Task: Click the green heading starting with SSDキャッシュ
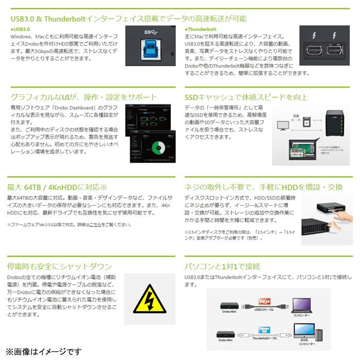point(246,97)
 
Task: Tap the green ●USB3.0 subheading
point(21,30)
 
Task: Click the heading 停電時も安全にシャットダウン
point(59,266)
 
